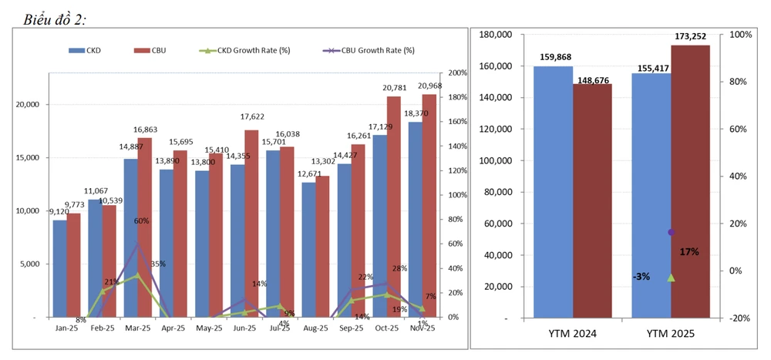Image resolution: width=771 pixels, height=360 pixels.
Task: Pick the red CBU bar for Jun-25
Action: coord(251,224)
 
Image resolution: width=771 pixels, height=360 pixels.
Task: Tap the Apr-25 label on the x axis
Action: coord(173,328)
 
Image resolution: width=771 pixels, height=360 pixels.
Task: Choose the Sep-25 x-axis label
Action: coord(352,328)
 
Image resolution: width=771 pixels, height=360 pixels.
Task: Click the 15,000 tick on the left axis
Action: coord(28,158)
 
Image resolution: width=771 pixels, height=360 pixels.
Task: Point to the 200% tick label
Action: coord(457,73)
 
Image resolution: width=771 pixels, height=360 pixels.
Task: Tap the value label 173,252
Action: coord(690,36)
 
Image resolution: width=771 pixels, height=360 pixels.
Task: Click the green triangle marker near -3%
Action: coord(671,278)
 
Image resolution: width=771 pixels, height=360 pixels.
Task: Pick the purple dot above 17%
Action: coord(671,232)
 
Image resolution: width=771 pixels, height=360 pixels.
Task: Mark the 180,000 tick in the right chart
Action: coord(495,35)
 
